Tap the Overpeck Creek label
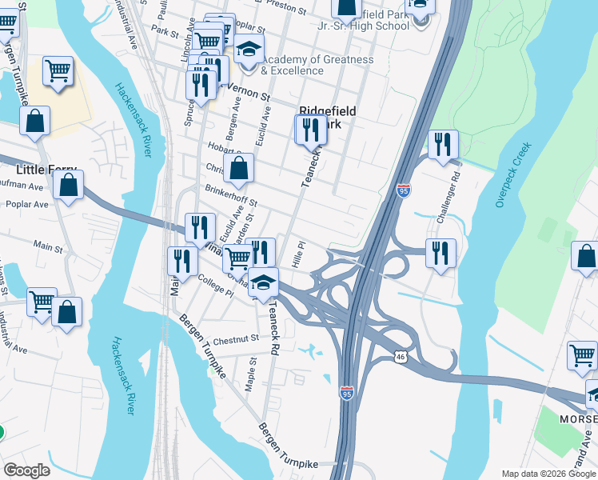click(x=512, y=175)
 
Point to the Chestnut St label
click(x=237, y=338)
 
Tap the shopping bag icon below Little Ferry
click(x=69, y=185)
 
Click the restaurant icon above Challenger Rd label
click(x=442, y=146)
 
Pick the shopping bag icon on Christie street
click(x=238, y=169)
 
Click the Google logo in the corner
click(x=26, y=470)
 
